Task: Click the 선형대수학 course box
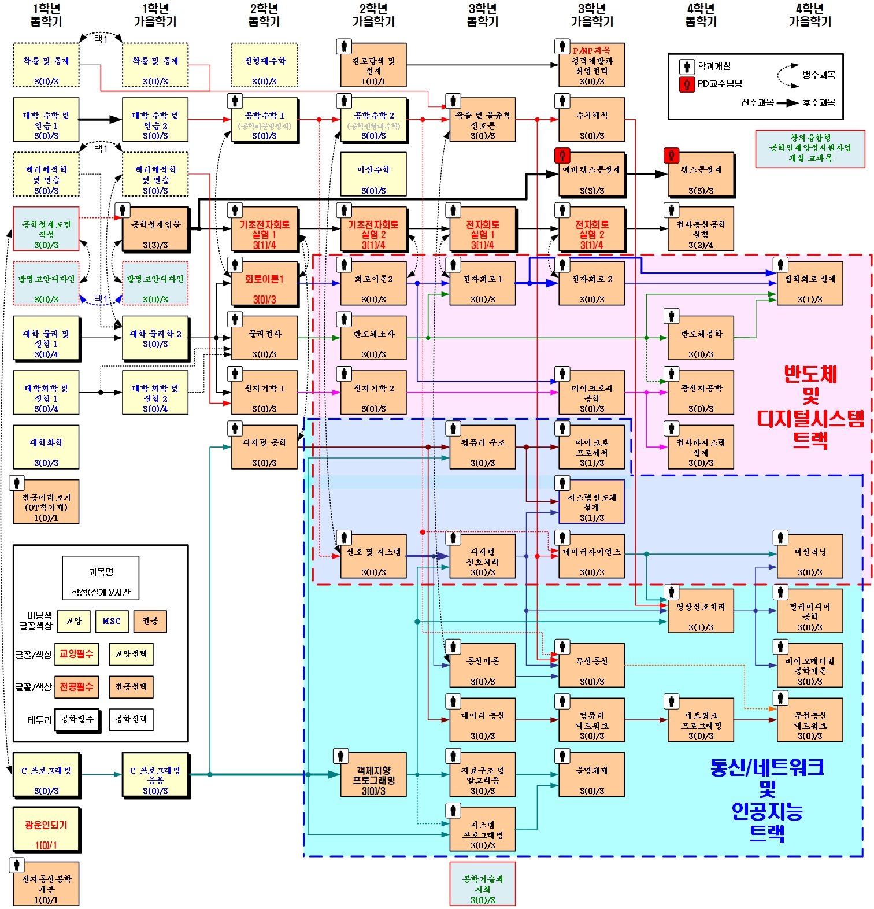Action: coord(264,65)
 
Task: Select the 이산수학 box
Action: coord(373,174)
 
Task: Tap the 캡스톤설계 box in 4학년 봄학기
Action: coord(701,174)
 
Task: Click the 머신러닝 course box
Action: coord(810,556)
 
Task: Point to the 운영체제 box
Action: coord(591,775)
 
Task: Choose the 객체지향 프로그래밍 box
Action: coord(373,775)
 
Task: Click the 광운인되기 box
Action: coord(46,830)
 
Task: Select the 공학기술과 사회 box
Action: coord(483,884)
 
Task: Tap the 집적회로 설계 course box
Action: coord(810,283)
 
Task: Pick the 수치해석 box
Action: coord(591,120)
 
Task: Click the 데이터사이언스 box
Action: coord(591,556)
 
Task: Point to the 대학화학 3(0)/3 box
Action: coord(46,447)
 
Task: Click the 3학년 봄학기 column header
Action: coord(483,15)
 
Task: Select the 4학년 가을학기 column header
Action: coord(810,15)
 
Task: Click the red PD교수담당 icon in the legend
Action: coord(687,84)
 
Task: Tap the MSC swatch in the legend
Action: coord(112,621)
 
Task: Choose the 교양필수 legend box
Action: coord(76,654)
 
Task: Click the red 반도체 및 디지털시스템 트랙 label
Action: coord(810,407)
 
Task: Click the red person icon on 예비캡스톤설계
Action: coord(562,155)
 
